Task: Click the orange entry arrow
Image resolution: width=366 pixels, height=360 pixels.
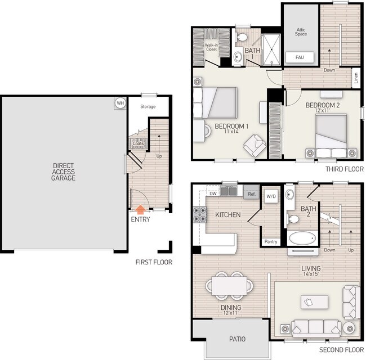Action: [x=140, y=209]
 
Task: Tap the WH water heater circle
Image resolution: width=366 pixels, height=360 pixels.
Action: [x=120, y=103]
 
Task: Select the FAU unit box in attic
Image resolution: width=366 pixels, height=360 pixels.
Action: [x=300, y=57]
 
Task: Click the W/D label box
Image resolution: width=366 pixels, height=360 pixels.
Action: [x=271, y=196]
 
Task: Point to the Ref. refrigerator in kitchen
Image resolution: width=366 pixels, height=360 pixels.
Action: [x=252, y=194]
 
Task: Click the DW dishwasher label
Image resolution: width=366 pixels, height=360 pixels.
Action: [x=213, y=194]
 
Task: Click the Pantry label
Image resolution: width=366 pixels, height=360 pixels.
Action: [x=270, y=242]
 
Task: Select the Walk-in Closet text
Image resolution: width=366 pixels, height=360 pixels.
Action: [x=211, y=48]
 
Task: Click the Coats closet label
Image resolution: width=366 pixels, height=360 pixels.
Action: [x=138, y=143]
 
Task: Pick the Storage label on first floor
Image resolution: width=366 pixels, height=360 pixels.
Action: [x=148, y=106]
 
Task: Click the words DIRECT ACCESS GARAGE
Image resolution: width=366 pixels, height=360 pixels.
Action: [x=64, y=172]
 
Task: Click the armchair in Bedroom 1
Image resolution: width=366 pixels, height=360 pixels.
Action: [x=253, y=145]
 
